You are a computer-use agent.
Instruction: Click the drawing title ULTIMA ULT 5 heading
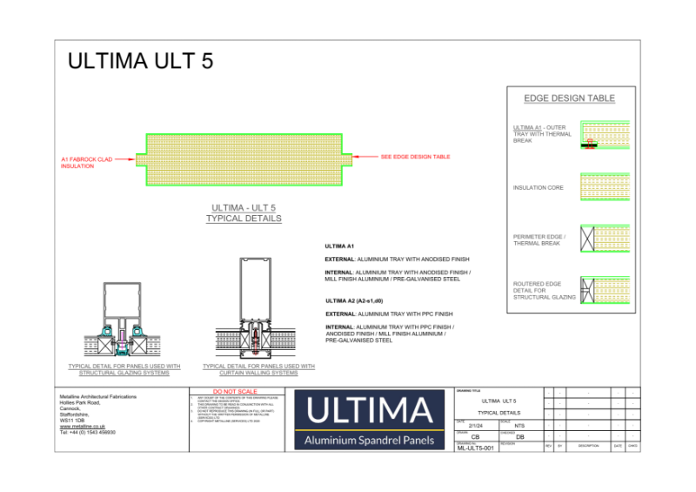140,62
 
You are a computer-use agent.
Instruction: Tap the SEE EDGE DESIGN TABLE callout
415,157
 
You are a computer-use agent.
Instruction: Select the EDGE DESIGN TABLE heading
569,98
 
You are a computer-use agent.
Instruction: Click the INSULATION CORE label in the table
538,188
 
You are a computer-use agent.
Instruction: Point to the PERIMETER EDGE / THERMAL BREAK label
539,240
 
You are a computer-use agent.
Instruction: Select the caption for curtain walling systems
258,370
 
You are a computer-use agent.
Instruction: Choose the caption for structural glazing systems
124,370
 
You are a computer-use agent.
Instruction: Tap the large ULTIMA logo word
370,410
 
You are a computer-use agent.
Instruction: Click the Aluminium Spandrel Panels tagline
370,441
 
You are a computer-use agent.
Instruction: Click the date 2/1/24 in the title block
474,425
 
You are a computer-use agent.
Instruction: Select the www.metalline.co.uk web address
83,427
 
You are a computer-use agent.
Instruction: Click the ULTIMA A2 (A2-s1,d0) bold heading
356,300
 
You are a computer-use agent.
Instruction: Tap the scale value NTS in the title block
519,425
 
